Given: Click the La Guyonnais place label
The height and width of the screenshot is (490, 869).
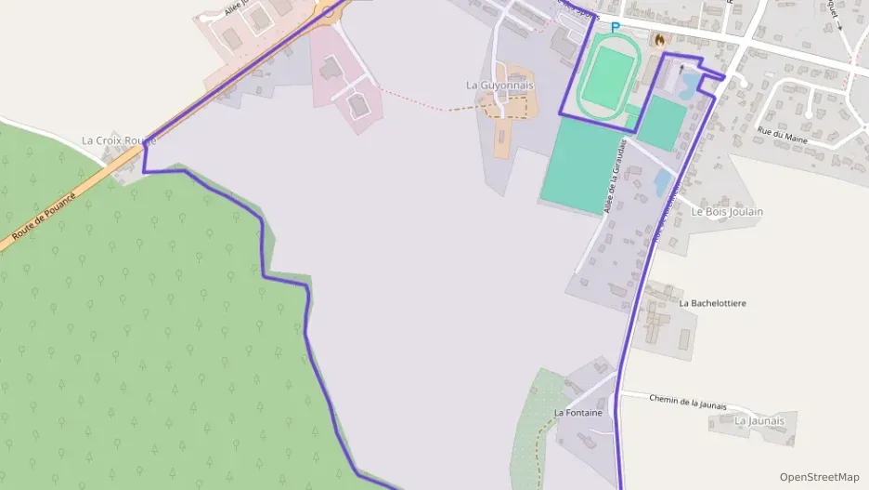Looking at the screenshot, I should click(x=499, y=85).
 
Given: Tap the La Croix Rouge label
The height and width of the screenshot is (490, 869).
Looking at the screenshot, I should click(x=119, y=140).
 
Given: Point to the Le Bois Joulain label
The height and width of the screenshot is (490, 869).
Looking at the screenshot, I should click(x=727, y=211).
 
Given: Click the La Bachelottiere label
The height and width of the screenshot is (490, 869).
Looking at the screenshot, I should click(x=713, y=303).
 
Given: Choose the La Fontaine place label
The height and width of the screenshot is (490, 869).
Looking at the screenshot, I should click(x=578, y=412).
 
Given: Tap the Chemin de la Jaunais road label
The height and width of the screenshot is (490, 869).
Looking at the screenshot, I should click(x=687, y=402).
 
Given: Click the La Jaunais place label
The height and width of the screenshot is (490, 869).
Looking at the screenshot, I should click(x=759, y=420).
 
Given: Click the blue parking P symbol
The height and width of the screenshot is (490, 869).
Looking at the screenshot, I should click(x=614, y=28).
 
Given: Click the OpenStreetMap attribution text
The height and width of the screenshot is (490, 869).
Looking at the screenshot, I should click(x=819, y=477).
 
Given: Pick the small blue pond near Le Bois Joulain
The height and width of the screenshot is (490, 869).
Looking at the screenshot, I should click(x=663, y=180).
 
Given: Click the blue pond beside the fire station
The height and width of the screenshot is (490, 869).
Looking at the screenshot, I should click(x=690, y=86).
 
